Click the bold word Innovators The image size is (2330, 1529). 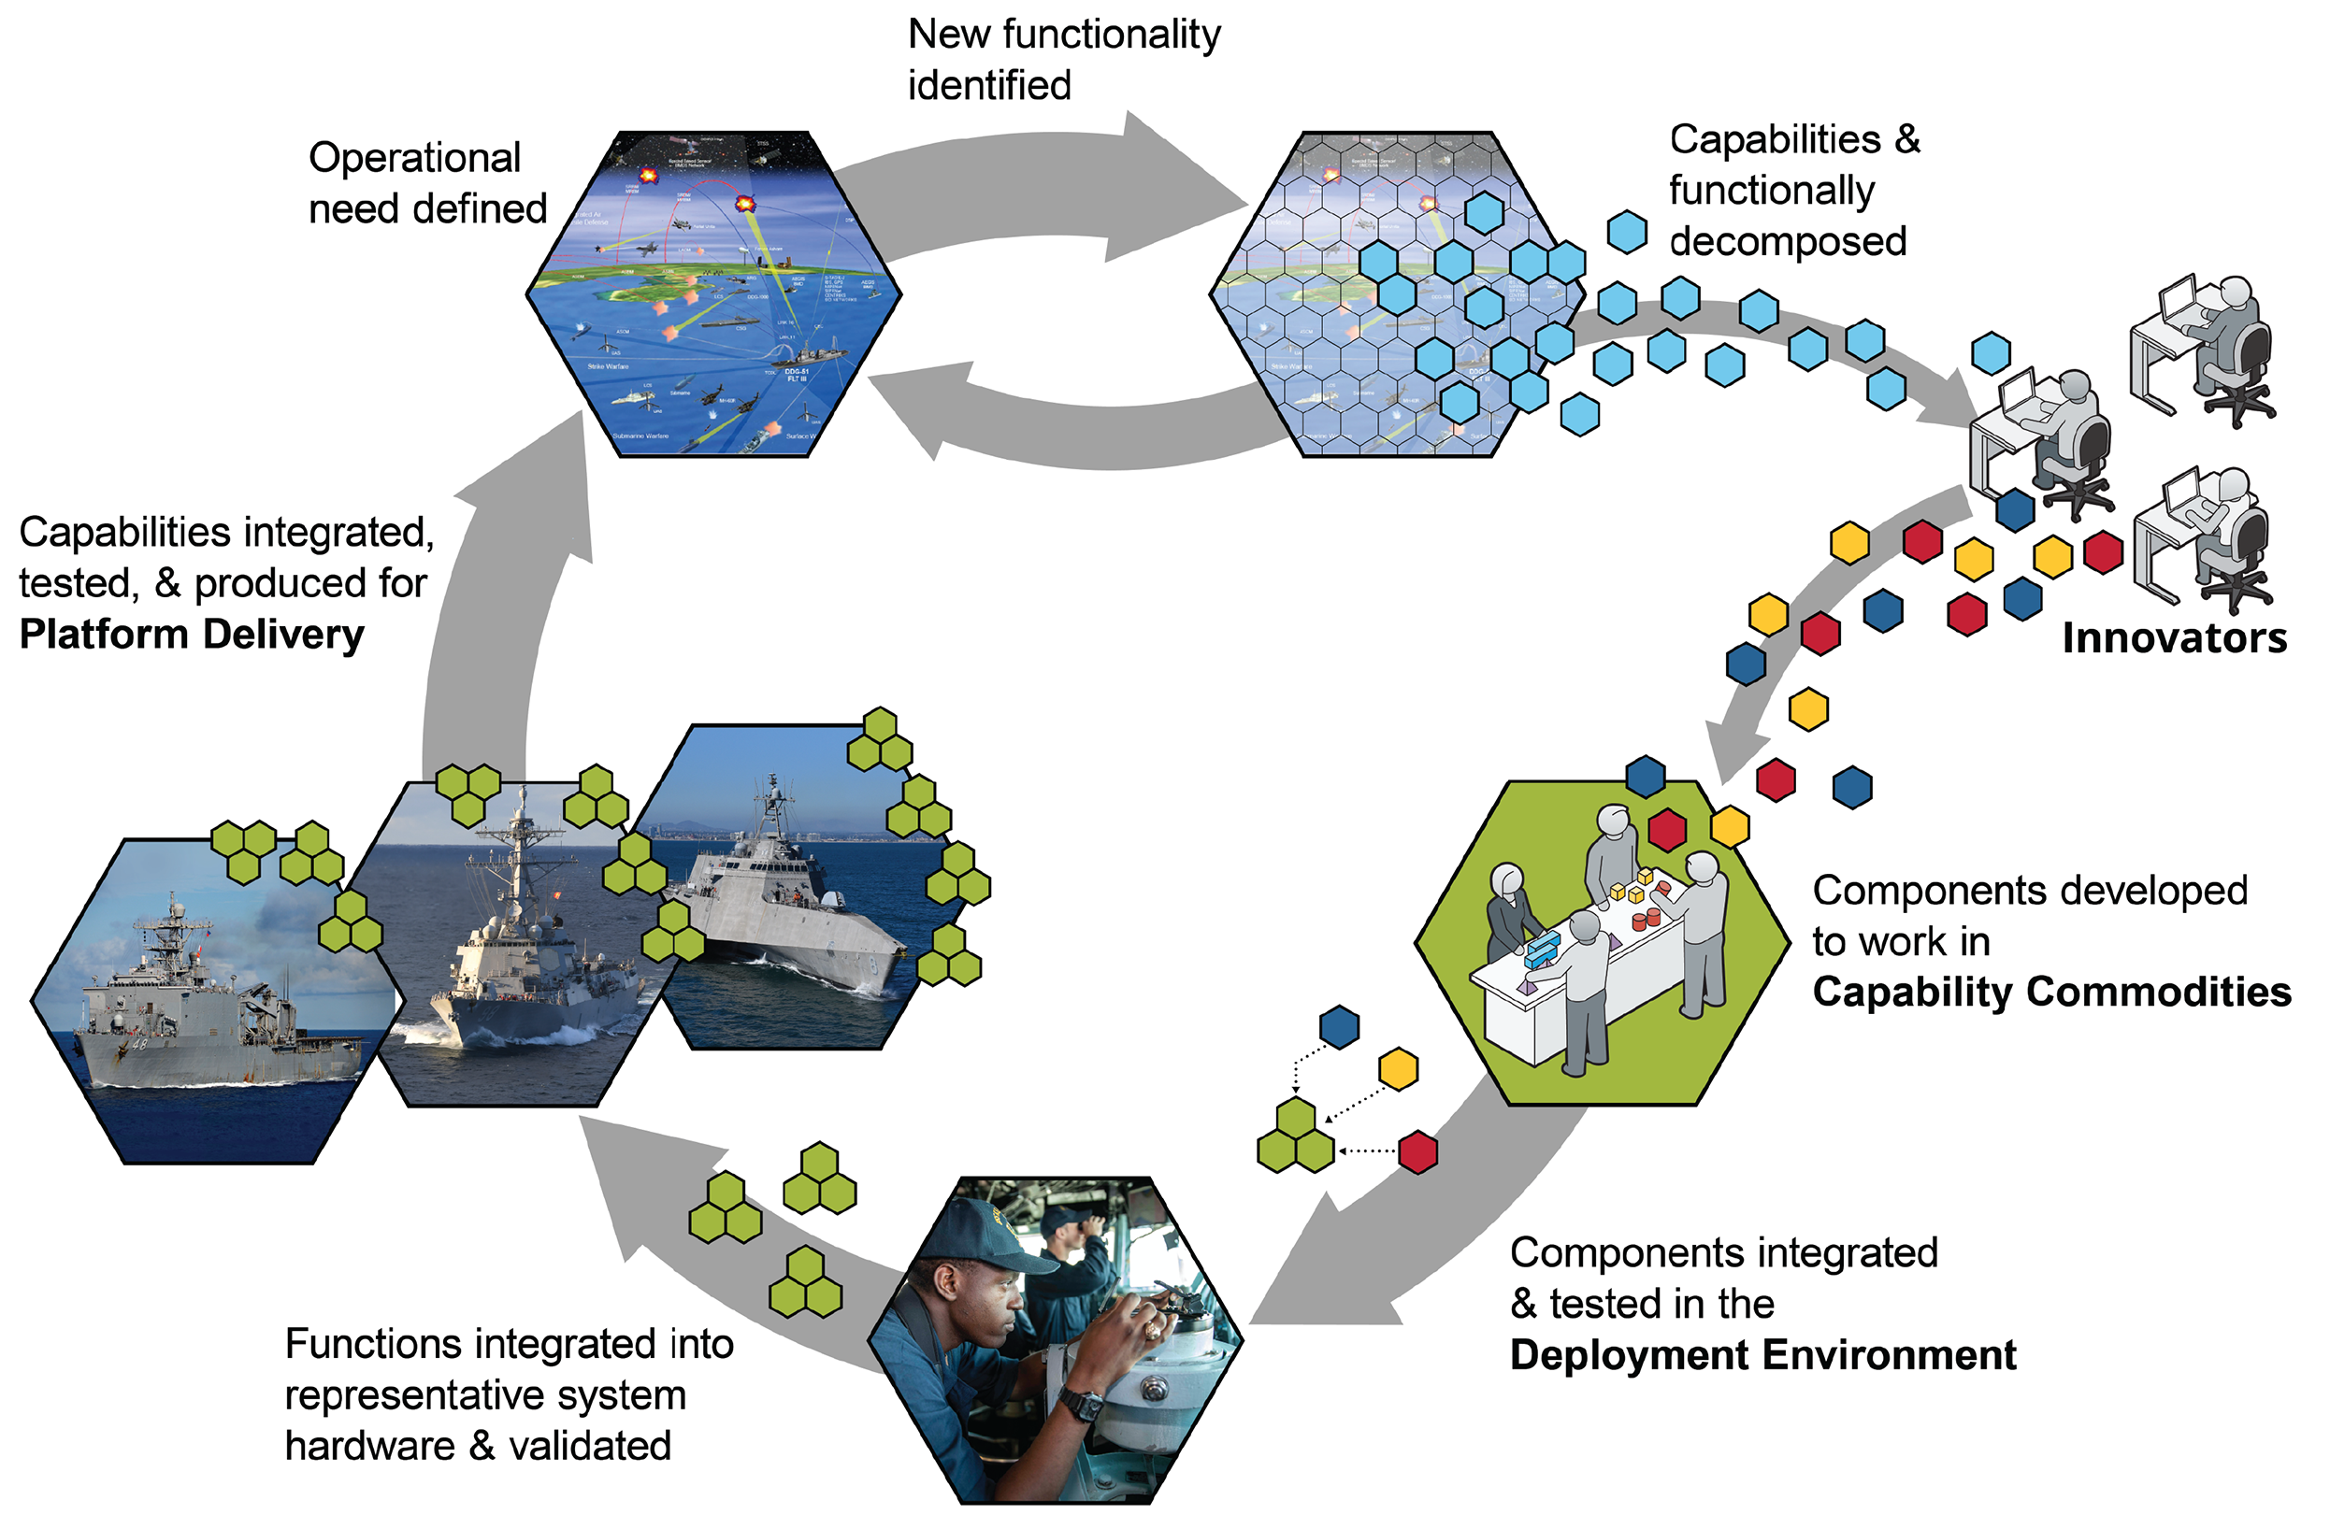click(2173, 638)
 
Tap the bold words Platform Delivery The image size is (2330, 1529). click(192, 635)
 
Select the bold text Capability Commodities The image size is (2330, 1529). click(2051, 992)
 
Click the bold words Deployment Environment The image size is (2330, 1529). click(1762, 1356)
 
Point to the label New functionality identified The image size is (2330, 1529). click(1063, 60)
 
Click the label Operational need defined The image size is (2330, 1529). click(427, 183)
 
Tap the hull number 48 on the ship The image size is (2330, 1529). click(139, 1044)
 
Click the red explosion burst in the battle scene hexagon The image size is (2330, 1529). click(745, 205)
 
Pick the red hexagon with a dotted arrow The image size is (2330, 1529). click(1417, 1151)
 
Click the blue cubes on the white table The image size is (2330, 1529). click(1543, 948)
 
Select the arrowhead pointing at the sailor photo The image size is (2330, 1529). click(1302, 1282)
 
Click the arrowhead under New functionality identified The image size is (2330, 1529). click(1174, 171)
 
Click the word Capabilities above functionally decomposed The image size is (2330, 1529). click(1774, 140)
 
